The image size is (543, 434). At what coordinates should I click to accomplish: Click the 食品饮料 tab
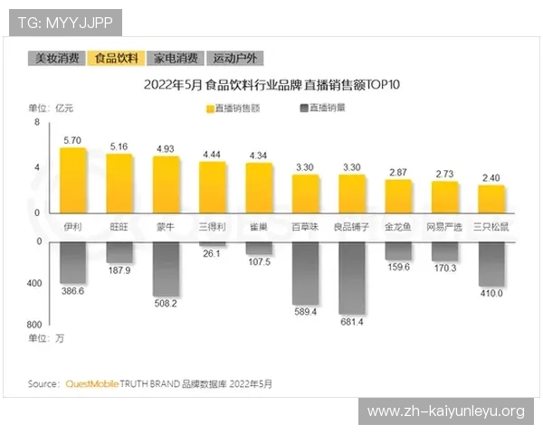point(117,58)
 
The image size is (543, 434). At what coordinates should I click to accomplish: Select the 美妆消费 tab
point(57,58)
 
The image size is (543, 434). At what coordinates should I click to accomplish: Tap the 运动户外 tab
point(234,58)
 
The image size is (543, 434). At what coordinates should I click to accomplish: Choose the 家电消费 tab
point(176,58)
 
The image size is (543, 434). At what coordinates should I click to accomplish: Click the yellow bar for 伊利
point(73,180)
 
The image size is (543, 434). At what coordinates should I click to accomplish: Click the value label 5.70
point(73,140)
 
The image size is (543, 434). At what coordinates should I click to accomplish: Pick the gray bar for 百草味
point(306,272)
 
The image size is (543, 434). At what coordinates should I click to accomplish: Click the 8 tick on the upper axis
point(37,122)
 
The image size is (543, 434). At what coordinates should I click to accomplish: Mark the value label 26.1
point(213,255)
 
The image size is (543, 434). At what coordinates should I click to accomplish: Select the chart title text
point(271,86)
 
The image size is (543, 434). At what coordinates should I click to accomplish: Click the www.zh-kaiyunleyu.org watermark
point(445,411)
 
